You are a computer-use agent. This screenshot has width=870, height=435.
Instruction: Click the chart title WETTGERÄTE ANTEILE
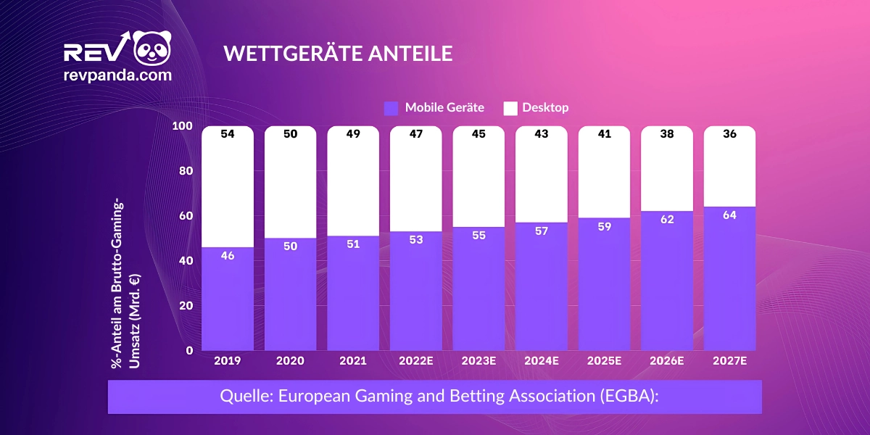(x=338, y=54)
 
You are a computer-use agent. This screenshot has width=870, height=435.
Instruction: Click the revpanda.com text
(x=117, y=75)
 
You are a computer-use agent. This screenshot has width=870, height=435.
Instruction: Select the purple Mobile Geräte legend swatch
(x=391, y=108)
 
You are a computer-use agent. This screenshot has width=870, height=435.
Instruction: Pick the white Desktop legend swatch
(x=510, y=108)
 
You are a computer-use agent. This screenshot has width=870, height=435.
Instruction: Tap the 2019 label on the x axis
(x=227, y=360)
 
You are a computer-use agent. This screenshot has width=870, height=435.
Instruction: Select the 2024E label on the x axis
(x=542, y=360)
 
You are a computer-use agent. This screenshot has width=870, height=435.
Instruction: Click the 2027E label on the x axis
(x=729, y=360)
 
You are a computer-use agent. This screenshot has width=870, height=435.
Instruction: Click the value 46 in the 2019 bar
(x=227, y=255)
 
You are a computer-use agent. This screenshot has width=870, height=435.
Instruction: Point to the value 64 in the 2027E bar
(x=729, y=215)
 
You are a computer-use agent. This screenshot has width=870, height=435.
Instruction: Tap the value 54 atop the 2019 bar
(x=227, y=134)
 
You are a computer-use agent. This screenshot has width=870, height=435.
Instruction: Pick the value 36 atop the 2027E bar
(x=729, y=134)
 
